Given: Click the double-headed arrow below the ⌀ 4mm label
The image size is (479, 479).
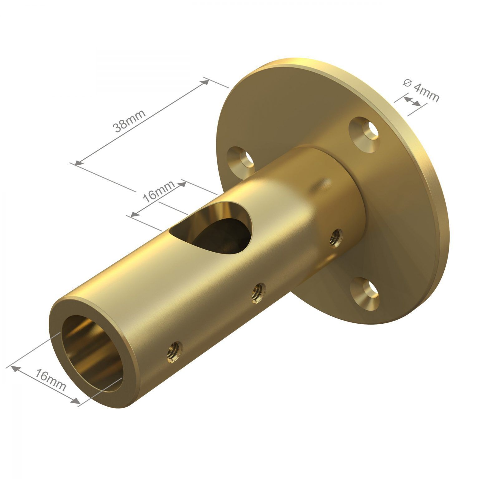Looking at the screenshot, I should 412,101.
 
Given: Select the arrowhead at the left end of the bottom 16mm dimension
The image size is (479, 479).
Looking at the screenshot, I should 14,368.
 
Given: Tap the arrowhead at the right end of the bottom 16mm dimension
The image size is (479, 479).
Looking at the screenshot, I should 75,402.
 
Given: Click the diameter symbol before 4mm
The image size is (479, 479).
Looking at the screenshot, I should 406,83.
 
